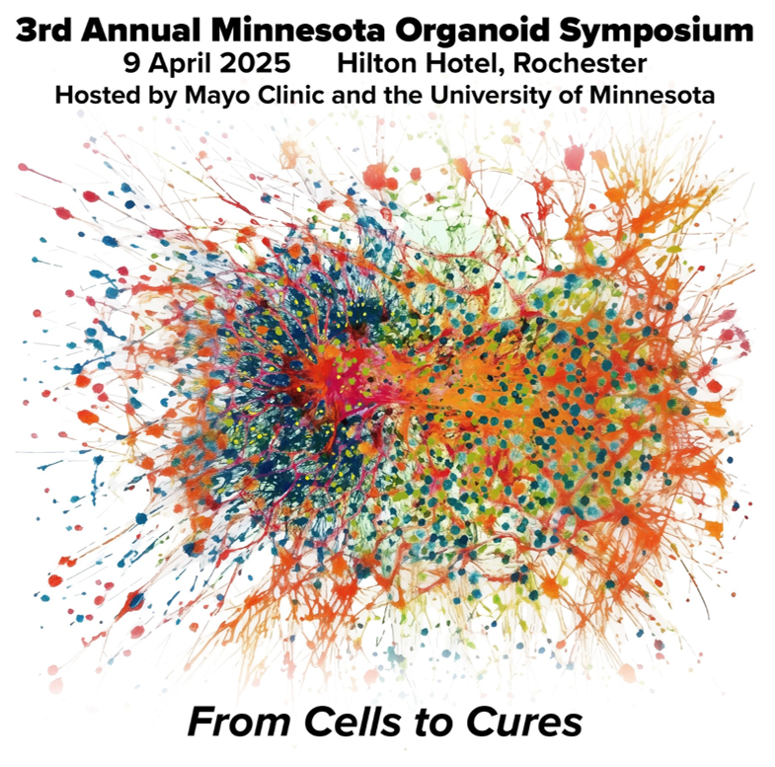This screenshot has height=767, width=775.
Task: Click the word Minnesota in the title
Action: pos(298,31)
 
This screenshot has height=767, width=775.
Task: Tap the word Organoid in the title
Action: pos(472,31)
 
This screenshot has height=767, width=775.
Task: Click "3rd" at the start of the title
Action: pos(44,31)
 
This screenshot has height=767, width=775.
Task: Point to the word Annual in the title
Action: pos(141,31)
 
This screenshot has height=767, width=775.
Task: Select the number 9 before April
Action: pos(132,64)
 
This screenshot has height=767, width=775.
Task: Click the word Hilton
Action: pos(378,64)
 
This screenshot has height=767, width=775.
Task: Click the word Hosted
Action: pos(92,95)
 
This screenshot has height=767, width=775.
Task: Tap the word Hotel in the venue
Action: pos(466,64)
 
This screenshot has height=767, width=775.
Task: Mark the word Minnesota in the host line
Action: pos(653,95)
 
